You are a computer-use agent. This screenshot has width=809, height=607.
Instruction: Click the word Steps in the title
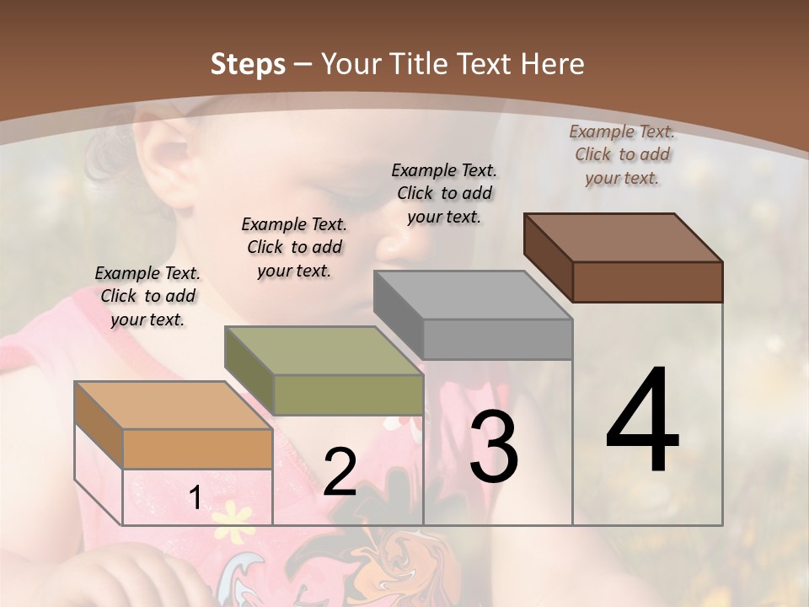coord(248,64)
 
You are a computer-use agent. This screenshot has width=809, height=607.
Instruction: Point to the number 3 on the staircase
coord(493,446)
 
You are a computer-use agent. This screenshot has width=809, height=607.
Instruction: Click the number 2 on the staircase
coord(340,472)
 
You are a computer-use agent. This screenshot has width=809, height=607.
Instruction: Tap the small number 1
coord(195,498)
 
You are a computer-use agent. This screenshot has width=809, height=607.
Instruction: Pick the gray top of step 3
coord(473,296)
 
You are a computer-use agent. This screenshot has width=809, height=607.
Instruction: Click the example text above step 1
coord(147,296)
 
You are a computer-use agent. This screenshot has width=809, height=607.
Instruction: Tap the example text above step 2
coord(294,247)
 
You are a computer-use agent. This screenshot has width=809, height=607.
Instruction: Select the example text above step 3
coord(444,193)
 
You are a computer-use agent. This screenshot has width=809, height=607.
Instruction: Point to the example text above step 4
coord(622,154)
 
